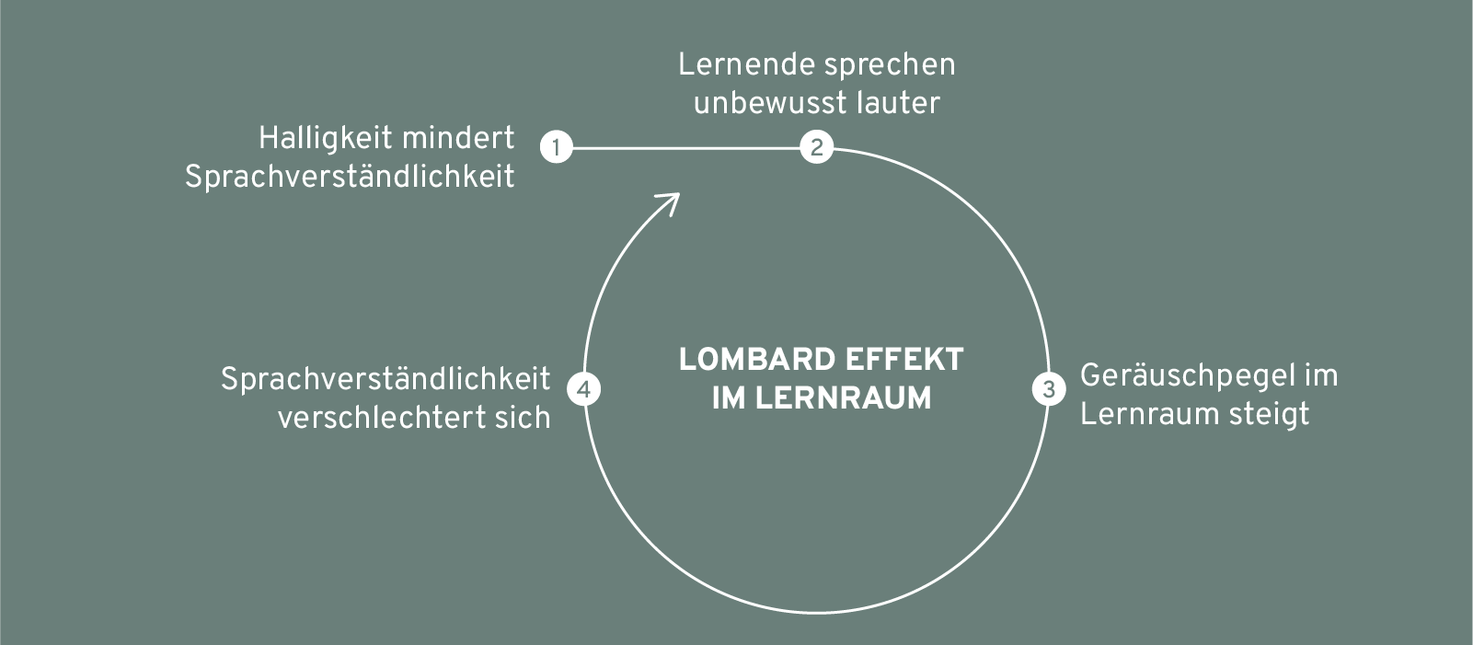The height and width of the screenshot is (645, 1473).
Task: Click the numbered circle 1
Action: click(x=557, y=146)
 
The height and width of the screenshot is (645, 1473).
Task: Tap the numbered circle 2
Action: click(x=817, y=146)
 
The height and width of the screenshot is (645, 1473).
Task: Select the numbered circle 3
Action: click(x=1049, y=389)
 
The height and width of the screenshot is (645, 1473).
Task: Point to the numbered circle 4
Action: click(x=584, y=389)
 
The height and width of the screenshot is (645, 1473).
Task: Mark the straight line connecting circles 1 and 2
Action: click(x=686, y=148)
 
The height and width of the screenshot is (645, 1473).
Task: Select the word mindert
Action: click(x=458, y=139)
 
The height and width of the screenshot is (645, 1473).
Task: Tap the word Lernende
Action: click(x=745, y=64)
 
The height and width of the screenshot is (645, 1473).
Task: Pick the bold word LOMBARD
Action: click(x=757, y=360)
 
